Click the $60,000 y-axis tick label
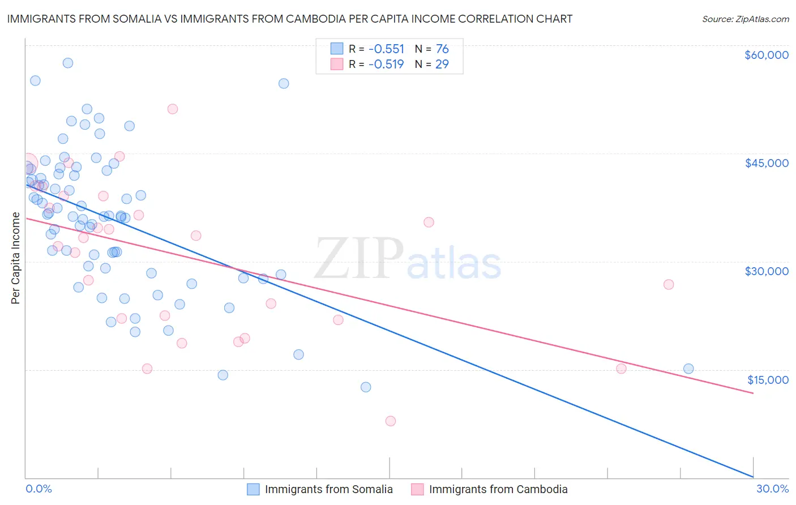766,55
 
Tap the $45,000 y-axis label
766,163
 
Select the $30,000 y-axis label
766,271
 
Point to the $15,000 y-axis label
767,379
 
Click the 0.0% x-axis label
38,489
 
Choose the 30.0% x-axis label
772,489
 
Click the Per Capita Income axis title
16,258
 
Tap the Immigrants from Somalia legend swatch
253,489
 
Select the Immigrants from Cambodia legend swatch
417,489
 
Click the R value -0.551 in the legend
386,49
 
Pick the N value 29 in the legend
442,65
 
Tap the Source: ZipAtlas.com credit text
745,19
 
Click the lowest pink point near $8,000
390,421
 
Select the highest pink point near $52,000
173,109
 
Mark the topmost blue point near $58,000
68,63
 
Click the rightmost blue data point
688,369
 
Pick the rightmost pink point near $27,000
669,284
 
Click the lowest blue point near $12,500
366,387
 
